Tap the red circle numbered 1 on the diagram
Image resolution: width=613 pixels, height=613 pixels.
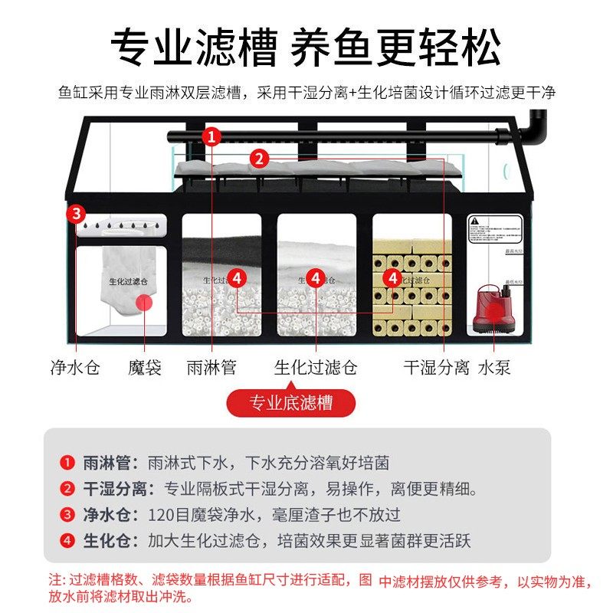tap(212, 137)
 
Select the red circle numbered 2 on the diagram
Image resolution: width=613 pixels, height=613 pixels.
tap(260, 159)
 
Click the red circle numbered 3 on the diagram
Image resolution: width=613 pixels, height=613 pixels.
tap(76, 213)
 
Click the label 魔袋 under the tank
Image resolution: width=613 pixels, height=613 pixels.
tap(145, 367)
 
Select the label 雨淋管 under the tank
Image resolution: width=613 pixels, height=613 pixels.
tap(211, 367)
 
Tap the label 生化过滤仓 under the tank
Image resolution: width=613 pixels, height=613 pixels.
tap(316, 367)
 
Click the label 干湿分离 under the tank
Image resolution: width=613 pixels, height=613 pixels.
tap(436, 367)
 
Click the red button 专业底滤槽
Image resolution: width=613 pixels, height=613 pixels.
tap(291, 402)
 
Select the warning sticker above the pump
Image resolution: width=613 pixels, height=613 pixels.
tap(495, 228)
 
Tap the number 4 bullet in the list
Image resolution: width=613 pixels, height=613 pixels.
tap(67, 541)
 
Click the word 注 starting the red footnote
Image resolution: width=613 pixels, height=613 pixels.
tap(54, 582)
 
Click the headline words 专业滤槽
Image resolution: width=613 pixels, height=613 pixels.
tap(193, 50)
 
